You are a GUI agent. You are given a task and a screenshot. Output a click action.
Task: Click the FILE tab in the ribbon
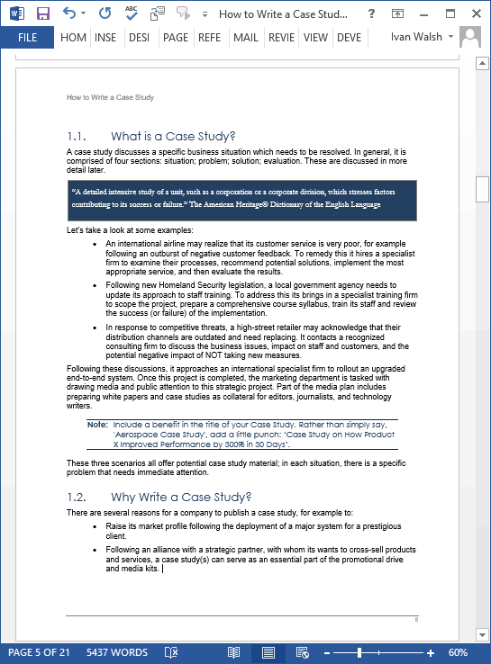(x=27, y=37)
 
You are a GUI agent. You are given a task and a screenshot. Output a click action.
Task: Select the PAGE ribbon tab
(x=176, y=37)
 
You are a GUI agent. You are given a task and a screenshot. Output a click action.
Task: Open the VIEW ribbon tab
(x=315, y=37)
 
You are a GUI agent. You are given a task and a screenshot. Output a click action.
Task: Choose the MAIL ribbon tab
(x=245, y=37)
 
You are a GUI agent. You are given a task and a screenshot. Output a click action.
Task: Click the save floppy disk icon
(x=42, y=13)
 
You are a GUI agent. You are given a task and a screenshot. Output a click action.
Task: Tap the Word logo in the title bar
(x=15, y=13)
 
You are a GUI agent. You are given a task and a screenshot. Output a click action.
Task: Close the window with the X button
(x=470, y=13)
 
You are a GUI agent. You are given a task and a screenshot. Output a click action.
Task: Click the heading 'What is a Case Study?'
(x=172, y=137)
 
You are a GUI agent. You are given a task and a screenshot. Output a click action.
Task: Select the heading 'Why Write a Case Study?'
(x=180, y=497)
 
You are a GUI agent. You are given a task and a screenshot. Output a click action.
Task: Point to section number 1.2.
(x=76, y=497)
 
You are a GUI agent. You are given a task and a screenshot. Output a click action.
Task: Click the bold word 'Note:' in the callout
(x=97, y=424)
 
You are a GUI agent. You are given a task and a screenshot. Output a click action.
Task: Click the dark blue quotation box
(x=241, y=200)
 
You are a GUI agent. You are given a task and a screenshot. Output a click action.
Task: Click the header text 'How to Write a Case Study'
(x=110, y=97)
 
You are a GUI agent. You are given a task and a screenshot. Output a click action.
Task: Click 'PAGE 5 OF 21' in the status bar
(x=39, y=652)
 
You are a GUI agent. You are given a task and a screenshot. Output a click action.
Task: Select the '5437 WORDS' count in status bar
(x=117, y=652)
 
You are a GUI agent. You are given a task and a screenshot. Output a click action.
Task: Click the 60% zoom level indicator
(x=458, y=652)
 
